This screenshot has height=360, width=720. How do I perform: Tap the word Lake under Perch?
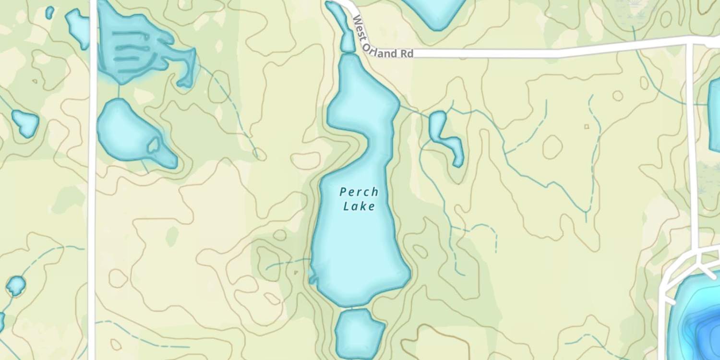tap(359, 207)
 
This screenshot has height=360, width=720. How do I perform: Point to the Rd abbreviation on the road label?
tap(407, 54)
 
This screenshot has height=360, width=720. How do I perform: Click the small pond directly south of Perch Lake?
tap(359, 333)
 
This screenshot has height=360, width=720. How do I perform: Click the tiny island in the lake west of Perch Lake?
tap(154, 144)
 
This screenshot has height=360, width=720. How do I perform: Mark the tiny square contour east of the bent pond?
tap(586, 127)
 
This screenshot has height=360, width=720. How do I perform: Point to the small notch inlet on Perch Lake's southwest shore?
tap(313, 278)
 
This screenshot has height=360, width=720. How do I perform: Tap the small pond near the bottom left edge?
tap(16, 286)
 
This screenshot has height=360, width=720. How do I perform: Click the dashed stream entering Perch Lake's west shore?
tap(288, 263)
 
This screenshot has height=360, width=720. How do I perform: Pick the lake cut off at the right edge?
tap(715, 115)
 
